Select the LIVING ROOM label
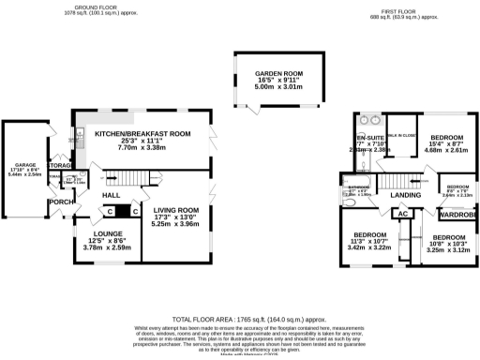coord(177,211)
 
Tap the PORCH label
coord(62,202)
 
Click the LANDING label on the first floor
coord(405,195)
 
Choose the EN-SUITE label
coord(367,121)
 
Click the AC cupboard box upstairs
coord(404,214)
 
